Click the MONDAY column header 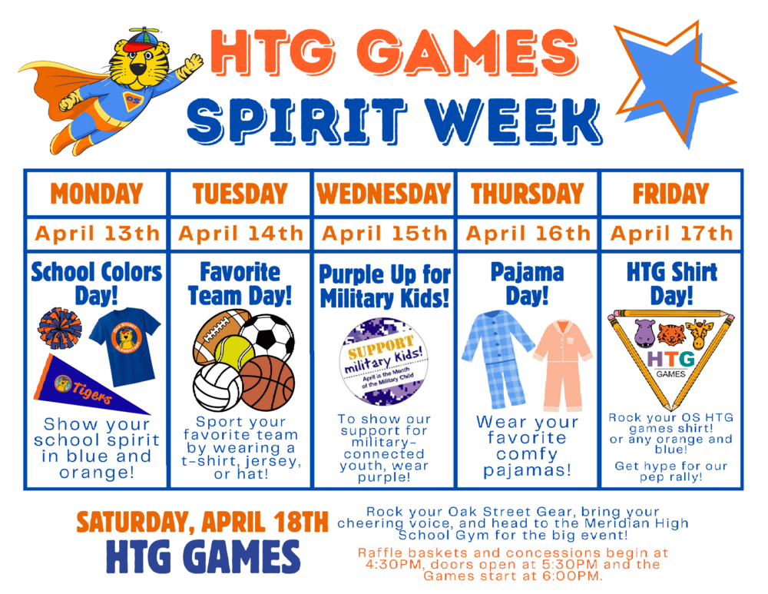pos(96,194)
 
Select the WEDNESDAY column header pos(383,194)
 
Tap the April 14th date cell pos(240,233)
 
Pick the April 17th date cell pos(672,233)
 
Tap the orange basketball pos(266,382)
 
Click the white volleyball pos(217,387)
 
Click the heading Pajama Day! pos(527,284)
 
